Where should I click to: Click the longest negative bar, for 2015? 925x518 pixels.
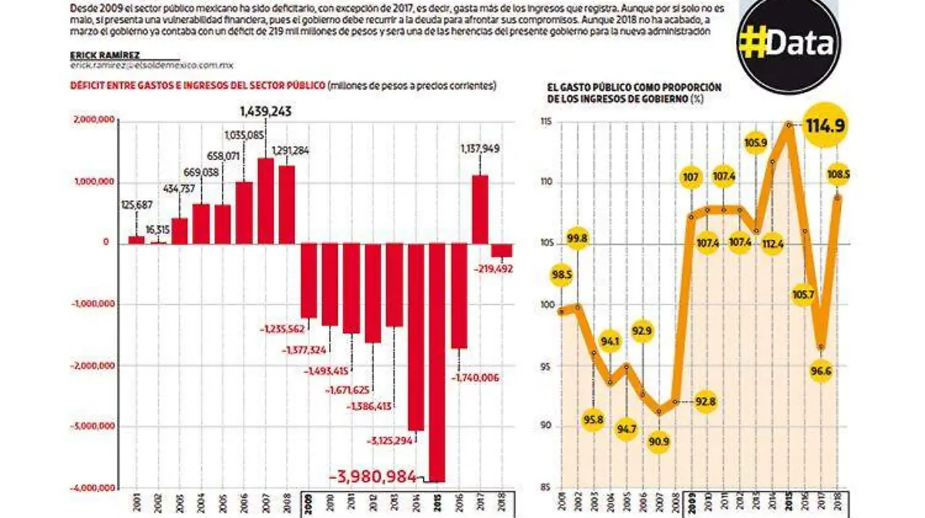(438, 362)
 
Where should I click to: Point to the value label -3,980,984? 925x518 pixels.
(373, 477)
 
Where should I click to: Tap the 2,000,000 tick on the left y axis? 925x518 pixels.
(94, 120)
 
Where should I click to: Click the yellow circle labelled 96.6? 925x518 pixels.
(823, 372)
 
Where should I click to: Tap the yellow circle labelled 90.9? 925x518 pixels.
(658, 441)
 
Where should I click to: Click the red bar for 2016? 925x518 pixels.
(459, 296)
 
